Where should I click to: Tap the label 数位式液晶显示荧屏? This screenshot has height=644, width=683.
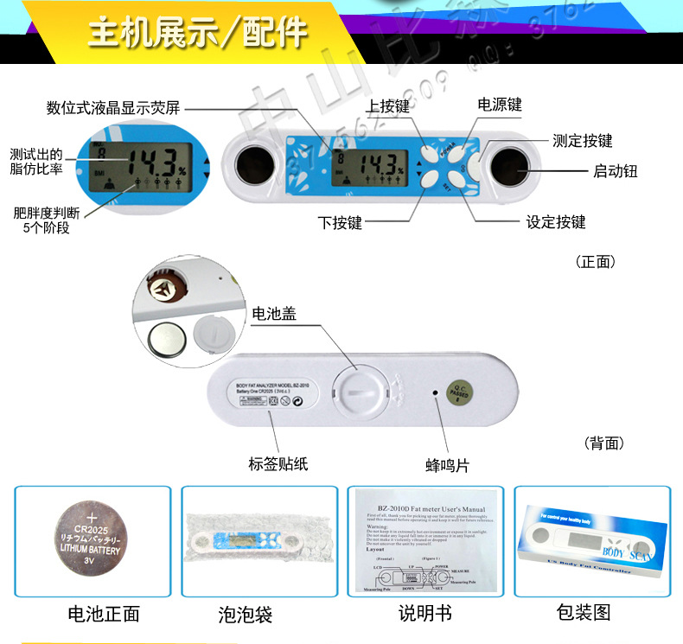pyautogui.click(x=113, y=108)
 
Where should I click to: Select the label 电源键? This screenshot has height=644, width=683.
pyautogui.click(x=500, y=105)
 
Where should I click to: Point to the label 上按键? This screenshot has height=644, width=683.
pyautogui.click(x=387, y=106)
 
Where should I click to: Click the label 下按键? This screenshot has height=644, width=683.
pyautogui.click(x=340, y=223)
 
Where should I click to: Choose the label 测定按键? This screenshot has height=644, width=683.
pyautogui.click(x=582, y=141)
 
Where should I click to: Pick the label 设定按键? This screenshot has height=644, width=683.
pyautogui.click(x=556, y=222)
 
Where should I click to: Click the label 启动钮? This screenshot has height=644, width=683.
pyautogui.click(x=615, y=171)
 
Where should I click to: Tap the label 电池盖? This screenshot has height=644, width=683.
pyautogui.click(x=274, y=314)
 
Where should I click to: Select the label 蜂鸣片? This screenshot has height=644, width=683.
pyautogui.click(x=448, y=465)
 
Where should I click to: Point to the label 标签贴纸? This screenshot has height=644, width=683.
pyautogui.click(x=278, y=464)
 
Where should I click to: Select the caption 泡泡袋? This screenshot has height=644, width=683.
pyautogui.click(x=246, y=615)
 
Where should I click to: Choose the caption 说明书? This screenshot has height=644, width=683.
pyautogui.click(x=424, y=614)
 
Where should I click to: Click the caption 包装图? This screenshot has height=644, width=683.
pyautogui.click(x=584, y=613)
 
